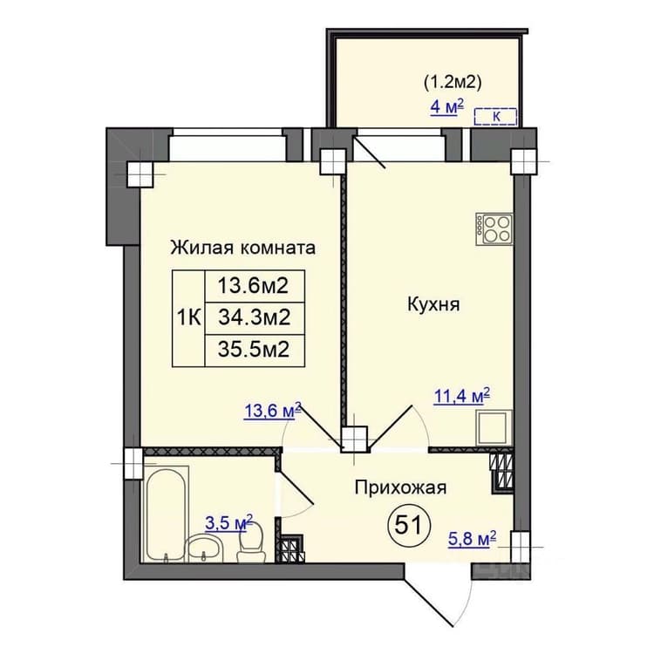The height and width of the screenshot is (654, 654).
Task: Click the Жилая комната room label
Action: pos(242,248)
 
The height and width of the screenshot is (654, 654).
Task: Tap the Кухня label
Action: pos(433,304)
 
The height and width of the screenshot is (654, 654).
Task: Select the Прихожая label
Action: pos(400,487)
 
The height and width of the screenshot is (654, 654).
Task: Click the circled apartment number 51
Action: pos(409,525)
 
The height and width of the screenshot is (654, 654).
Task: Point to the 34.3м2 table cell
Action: pos(255,318)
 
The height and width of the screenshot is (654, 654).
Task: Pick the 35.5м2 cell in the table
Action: pos(255,351)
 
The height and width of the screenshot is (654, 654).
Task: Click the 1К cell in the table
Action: pos(189,318)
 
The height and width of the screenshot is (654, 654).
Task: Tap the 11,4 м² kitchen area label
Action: pos(461,396)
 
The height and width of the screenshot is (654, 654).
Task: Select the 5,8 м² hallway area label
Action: pos(472,539)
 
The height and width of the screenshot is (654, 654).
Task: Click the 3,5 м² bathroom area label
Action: pos(229,522)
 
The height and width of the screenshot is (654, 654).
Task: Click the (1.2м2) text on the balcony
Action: pos(453,83)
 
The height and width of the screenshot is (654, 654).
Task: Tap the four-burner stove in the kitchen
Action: pos(494,228)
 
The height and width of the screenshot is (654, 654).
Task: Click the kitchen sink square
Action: pos(494,427)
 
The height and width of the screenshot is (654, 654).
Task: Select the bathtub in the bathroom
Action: pos(166,514)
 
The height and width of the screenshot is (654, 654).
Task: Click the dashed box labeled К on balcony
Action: pos(495,117)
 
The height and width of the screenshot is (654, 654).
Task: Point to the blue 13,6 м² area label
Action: pos(272,411)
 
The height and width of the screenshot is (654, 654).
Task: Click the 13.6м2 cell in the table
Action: pos(255,286)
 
